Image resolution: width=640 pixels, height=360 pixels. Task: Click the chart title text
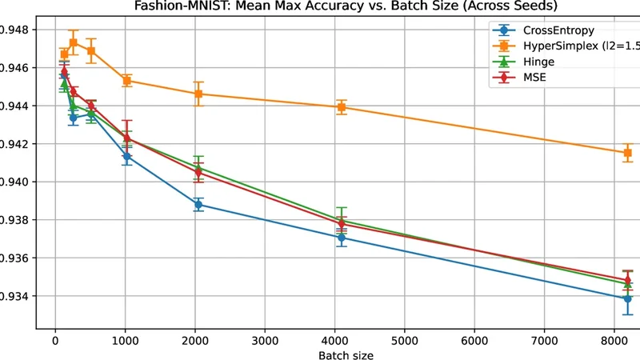click(320, 7)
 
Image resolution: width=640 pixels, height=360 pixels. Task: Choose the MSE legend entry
click(536, 77)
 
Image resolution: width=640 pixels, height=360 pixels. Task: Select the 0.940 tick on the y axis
click(14, 182)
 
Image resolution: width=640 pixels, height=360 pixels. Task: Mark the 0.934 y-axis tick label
click(14, 296)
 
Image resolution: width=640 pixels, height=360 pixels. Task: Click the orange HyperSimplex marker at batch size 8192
click(627, 153)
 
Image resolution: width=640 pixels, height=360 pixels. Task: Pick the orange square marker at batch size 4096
click(342, 107)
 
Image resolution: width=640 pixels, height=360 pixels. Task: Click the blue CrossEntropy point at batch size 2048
click(198, 205)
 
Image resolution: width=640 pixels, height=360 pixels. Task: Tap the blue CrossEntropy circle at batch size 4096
click(342, 238)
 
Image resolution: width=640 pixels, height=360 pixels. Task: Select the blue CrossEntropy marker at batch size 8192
click(627, 298)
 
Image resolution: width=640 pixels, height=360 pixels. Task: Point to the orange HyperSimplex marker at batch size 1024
click(126, 81)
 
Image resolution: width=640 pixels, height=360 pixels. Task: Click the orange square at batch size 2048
click(198, 94)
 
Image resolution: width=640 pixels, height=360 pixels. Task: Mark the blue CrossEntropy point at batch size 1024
click(126, 157)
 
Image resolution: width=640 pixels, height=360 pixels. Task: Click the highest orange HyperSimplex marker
click(73, 42)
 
